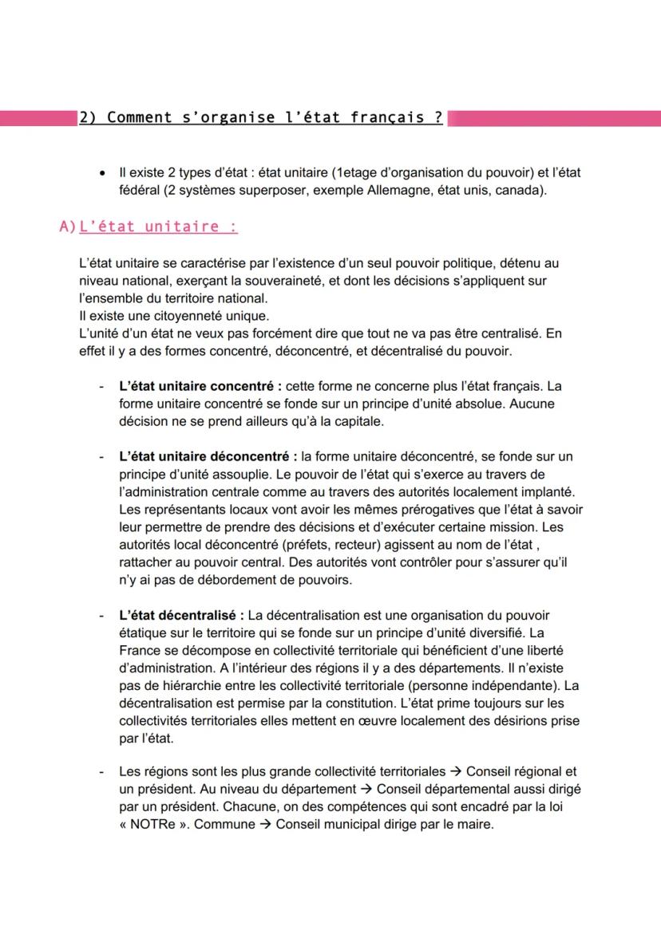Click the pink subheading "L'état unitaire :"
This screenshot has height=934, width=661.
coord(157,227)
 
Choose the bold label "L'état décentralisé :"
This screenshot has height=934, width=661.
coord(182,615)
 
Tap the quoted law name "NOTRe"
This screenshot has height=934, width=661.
coord(156,824)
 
